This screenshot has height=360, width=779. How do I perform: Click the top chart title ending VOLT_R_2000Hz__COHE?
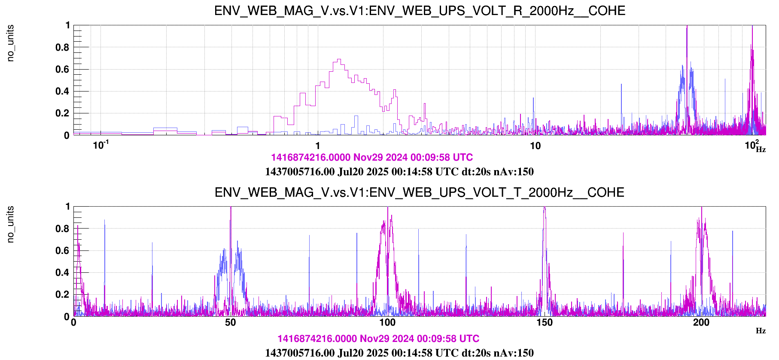[420, 11]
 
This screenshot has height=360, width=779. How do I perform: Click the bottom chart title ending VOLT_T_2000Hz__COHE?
[420, 192]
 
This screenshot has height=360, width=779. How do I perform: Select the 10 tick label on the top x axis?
[535, 146]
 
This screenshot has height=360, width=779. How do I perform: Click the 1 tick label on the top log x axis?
[318, 146]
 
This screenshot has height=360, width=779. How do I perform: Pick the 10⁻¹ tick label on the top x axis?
[101, 145]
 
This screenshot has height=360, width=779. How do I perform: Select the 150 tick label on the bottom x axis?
[545, 323]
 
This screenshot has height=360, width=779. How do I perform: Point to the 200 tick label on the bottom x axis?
[701, 323]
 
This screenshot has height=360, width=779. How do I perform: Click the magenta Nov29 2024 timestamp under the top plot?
[372, 158]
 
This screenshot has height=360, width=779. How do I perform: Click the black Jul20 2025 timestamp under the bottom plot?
[399, 353]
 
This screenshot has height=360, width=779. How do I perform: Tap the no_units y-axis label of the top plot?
[11, 43]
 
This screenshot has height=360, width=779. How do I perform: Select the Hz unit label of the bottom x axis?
[761, 331]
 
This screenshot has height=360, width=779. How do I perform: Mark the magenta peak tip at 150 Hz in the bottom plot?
[545, 208]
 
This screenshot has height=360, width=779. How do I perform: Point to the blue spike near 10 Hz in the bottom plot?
[105, 221]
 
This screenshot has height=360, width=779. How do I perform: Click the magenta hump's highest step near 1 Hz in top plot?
[339, 60]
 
